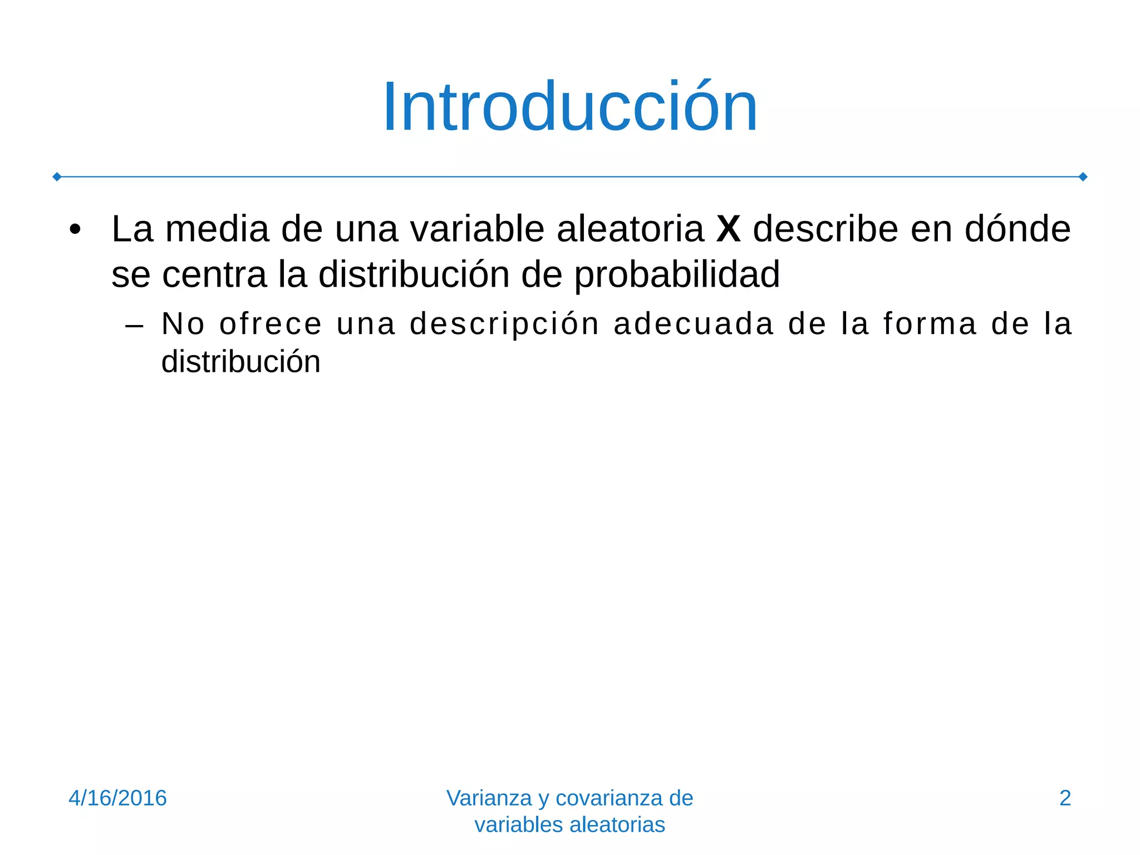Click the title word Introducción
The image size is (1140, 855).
[x=570, y=107]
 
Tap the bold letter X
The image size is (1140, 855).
[x=729, y=229]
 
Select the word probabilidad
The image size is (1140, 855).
[x=677, y=274]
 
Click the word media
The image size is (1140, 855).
[x=217, y=229]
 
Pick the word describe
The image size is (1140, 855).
[x=825, y=229]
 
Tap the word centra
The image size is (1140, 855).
[x=214, y=274]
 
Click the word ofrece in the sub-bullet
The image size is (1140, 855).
[x=271, y=324]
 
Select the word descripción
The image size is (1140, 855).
[x=505, y=324]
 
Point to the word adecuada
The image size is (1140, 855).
[x=694, y=324]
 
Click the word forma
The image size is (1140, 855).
[x=930, y=324]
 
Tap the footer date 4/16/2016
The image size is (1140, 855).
[x=117, y=798]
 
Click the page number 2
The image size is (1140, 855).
[x=1065, y=798]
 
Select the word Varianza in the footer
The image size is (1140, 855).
[x=489, y=798]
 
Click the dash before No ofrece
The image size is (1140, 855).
[x=135, y=325]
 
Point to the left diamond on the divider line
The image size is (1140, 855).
[x=57, y=177]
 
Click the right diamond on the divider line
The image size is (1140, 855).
[x=1083, y=177]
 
